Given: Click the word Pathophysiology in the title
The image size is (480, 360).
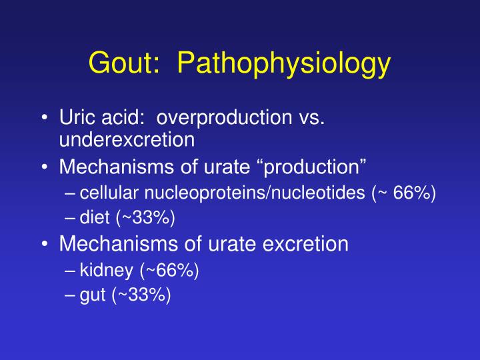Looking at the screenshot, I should point(284,65).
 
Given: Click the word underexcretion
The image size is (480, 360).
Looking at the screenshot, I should point(127,139).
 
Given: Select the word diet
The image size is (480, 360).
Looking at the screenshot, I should point(92,217).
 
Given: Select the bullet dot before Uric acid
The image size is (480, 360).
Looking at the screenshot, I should point(43,119).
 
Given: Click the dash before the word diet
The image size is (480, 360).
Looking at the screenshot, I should point(71,217).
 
